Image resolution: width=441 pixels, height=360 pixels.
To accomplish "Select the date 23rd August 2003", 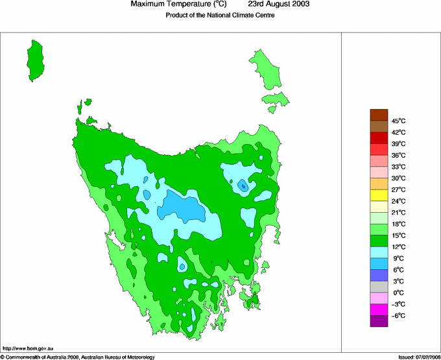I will coord(279,5).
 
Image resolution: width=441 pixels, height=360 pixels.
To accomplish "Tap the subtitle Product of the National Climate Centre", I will coord(220,16).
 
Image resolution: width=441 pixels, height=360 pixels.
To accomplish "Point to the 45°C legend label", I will coord(399,121).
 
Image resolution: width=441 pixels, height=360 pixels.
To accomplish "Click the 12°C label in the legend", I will coord(399,247).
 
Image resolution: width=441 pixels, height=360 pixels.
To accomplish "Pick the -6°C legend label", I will coord(399,316).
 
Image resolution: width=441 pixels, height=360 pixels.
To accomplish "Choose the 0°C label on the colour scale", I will coord(399,293).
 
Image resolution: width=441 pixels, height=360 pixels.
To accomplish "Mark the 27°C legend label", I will coord(399,190).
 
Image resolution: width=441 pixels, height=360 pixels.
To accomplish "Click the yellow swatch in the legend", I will coord(379,195).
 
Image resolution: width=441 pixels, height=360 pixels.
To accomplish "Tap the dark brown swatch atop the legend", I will coord(379,115).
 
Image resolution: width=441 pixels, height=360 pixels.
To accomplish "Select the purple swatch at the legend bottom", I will coord(379,321).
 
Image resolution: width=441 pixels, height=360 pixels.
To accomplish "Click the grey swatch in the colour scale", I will coord(379,287).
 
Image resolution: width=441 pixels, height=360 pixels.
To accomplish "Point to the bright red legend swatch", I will coord(379,149).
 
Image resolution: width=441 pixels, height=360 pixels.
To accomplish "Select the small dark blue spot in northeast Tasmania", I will coord(243,186).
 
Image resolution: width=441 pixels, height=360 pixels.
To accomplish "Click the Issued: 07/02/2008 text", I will coord(416,357).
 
